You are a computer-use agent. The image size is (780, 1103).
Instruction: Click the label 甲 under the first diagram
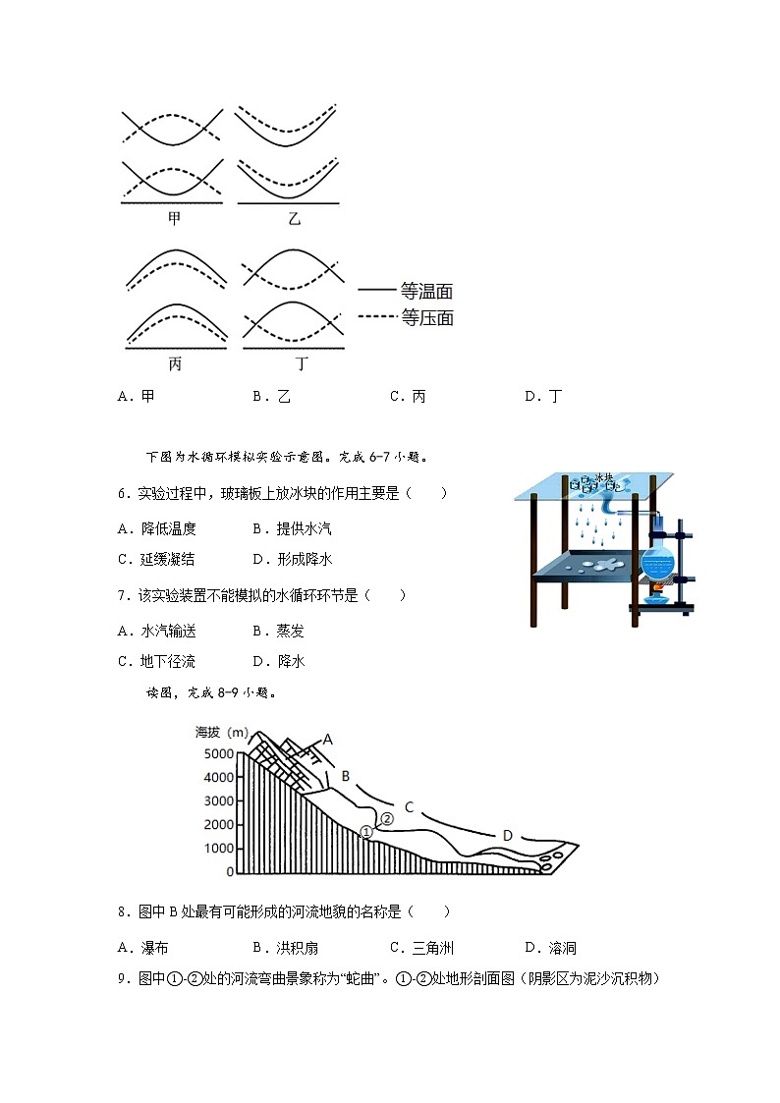[175, 219]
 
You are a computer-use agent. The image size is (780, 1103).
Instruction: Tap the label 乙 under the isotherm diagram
[294, 219]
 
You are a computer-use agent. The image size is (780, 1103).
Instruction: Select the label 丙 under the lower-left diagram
[175, 363]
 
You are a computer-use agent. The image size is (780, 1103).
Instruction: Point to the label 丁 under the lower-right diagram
[302, 363]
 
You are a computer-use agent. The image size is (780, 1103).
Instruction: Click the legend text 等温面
[426, 292]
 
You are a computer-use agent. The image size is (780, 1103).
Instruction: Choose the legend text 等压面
[426, 317]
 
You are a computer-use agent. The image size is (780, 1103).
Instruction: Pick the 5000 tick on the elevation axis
[220, 754]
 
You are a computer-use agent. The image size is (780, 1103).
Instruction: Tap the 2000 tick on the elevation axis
[220, 825]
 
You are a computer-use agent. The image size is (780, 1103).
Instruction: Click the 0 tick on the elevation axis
[230, 872]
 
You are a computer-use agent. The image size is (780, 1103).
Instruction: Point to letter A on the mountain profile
[328, 740]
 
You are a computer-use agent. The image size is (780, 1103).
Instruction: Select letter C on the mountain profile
[410, 808]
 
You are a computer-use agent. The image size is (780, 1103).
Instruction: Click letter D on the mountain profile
[508, 836]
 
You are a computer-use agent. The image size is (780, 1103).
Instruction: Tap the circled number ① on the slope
[366, 831]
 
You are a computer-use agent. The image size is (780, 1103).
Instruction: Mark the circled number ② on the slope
[386, 818]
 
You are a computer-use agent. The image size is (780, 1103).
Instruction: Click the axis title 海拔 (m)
[222, 733]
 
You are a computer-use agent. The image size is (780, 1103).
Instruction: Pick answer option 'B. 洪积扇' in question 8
[285, 948]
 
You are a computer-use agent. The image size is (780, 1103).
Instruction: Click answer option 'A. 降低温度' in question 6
[157, 528]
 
